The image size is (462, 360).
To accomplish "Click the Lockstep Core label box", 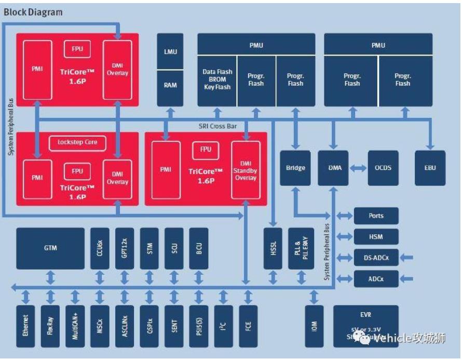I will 77,142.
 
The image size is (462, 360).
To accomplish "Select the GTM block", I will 50,248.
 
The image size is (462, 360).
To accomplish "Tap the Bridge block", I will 295,168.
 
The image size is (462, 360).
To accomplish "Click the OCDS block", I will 383,168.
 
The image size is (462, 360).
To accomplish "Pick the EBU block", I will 430,168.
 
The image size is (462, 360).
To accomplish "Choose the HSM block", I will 376,236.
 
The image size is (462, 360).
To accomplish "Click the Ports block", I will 376,216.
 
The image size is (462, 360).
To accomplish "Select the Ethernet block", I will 26,326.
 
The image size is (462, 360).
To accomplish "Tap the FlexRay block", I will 50,326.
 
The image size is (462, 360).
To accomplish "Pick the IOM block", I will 314,326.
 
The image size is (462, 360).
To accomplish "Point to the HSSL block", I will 273,248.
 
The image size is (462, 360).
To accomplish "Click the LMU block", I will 170,51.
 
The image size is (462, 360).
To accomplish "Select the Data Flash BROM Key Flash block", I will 217,79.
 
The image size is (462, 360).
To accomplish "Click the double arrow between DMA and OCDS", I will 358,168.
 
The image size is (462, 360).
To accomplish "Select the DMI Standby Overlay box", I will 245,168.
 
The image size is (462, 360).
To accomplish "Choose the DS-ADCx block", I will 376,257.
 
